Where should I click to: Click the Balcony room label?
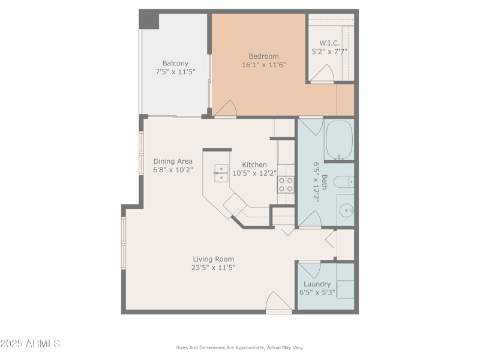click(175, 63)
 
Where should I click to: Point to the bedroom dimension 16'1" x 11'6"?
click(263, 65)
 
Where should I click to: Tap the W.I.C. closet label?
click(329, 43)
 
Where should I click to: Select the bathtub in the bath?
click(339, 140)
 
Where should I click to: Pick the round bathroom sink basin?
click(346, 210)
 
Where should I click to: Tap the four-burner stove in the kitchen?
click(286, 184)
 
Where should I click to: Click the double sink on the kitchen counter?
click(221, 173)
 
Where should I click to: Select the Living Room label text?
click(213, 259)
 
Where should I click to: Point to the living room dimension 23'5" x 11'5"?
click(213, 268)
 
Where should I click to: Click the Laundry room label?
click(317, 284)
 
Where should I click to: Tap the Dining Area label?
click(172, 161)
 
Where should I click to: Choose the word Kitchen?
click(254, 164)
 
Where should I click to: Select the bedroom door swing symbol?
click(226, 109)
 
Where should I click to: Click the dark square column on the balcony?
click(149, 20)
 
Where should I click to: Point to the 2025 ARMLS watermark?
click(30, 344)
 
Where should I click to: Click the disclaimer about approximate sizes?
click(239, 347)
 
